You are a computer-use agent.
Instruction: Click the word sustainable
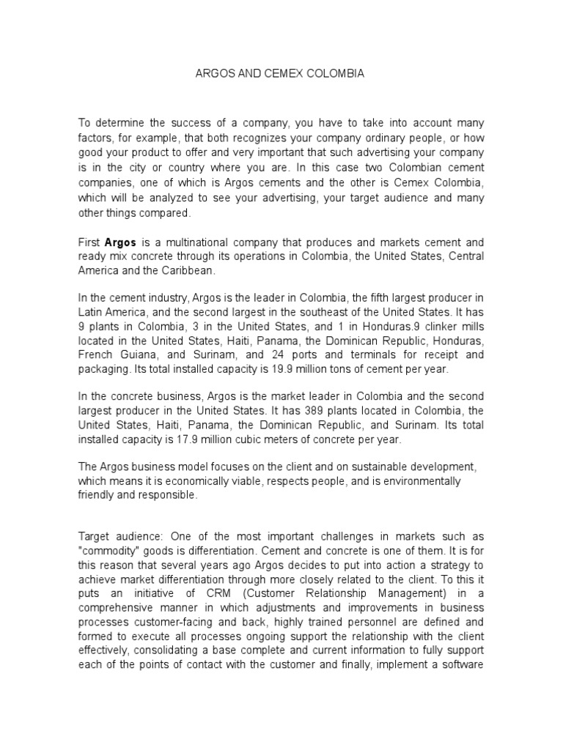click(377, 467)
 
